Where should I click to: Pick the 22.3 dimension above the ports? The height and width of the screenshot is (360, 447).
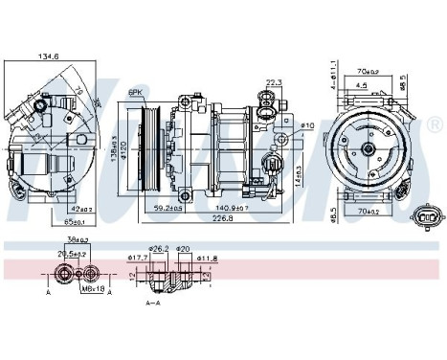(273, 83)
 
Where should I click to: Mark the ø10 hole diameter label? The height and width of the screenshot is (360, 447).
(306, 125)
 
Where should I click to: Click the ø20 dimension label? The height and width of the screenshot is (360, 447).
(183, 248)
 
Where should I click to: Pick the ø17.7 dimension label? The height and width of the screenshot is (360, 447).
(136, 257)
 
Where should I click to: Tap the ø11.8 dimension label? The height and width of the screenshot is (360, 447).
(208, 257)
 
